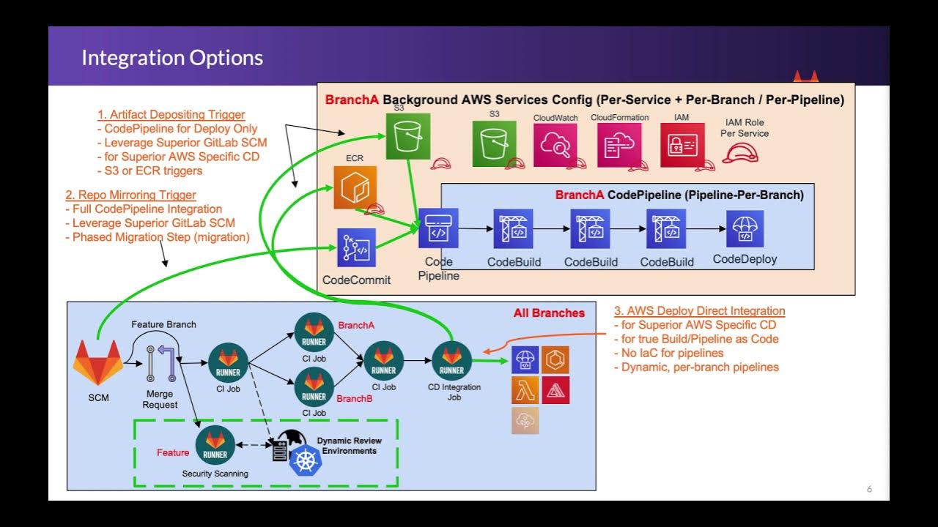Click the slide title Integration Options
pyautogui.click(x=172, y=58)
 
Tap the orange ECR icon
pyautogui.click(x=355, y=187)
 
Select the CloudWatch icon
pyautogui.click(x=555, y=145)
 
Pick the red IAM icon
pyautogui.click(x=682, y=145)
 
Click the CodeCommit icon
pyautogui.click(x=356, y=248)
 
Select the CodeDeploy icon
pyautogui.click(x=745, y=229)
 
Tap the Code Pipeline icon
pyautogui.click(x=438, y=228)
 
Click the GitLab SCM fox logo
pyautogui.click(x=97, y=362)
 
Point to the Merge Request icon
pyautogui.click(x=161, y=364)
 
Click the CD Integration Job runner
pyautogui.click(x=452, y=361)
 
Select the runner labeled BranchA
pyautogui.click(x=314, y=332)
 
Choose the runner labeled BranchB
pyautogui.click(x=314, y=387)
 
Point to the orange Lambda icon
pyautogui.click(x=525, y=391)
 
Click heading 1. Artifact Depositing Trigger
pyautogui.click(x=171, y=114)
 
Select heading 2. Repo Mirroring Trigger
pyautogui.click(x=130, y=195)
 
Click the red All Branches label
pyautogui.click(x=549, y=313)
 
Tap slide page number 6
pyautogui.click(x=869, y=489)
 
